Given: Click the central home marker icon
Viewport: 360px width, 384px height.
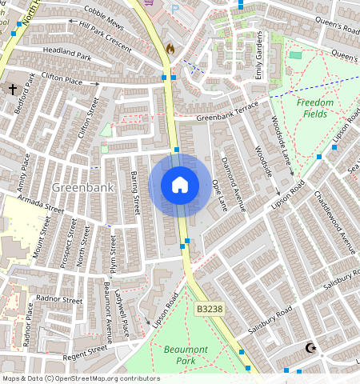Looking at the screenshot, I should click(180, 186).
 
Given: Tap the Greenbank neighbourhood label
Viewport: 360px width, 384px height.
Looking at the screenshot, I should click(78, 186).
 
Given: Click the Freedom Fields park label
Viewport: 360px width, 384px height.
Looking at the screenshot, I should click(314, 108).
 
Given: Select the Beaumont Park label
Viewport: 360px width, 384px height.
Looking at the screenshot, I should click(186, 355).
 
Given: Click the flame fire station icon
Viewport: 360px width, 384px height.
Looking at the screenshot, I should click(170, 49).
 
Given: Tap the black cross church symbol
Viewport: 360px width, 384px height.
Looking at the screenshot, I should click(12, 90).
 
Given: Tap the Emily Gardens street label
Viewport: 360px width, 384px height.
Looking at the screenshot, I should click(258, 61).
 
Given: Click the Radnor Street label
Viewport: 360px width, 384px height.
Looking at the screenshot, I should click(60, 300).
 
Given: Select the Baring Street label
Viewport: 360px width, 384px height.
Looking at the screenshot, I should click(135, 191).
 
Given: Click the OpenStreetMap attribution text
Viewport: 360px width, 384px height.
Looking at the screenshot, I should click(80, 378).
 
